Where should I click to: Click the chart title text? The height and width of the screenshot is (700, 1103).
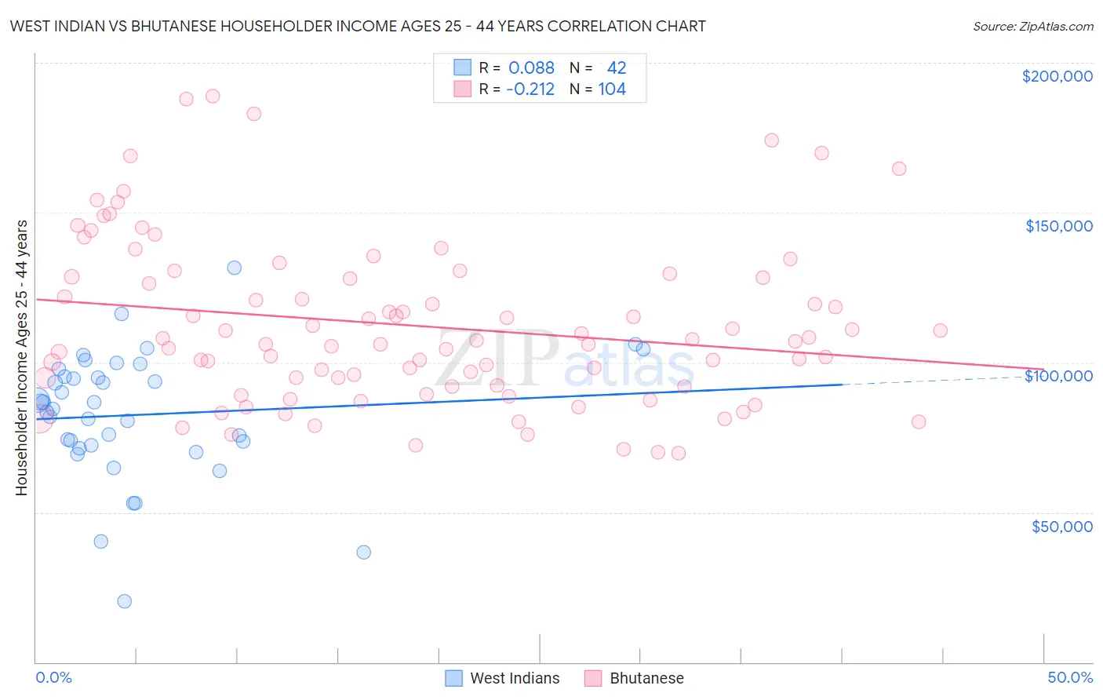click(358, 26)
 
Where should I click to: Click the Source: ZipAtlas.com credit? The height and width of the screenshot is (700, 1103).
click(1032, 26)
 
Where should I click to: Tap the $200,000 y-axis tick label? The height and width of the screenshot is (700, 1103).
click(1057, 76)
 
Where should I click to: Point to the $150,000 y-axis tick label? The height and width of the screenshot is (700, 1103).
click(1058, 226)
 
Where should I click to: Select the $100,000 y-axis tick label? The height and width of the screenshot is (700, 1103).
click(1058, 376)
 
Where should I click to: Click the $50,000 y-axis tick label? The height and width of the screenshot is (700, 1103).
click(1061, 527)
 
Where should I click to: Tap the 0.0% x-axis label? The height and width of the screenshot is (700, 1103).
click(53, 677)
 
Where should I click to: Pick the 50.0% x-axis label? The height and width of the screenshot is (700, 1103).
click(1070, 677)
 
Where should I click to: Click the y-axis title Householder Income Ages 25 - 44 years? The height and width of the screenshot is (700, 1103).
click(22, 357)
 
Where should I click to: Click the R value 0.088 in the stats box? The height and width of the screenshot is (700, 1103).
click(531, 68)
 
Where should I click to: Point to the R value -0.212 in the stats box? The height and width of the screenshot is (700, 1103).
click(530, 89)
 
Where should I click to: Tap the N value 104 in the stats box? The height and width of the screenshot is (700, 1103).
click(612, 89)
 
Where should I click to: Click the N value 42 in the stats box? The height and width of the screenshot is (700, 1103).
click(617, 68)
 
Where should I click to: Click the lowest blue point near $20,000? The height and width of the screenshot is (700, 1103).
click(124, 601)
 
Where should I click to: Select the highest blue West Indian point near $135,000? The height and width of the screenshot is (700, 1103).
click(234, 268)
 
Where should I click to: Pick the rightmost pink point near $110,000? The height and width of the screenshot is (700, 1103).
click(940, 330)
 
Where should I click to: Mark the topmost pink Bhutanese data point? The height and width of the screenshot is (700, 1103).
click(213, 96)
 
